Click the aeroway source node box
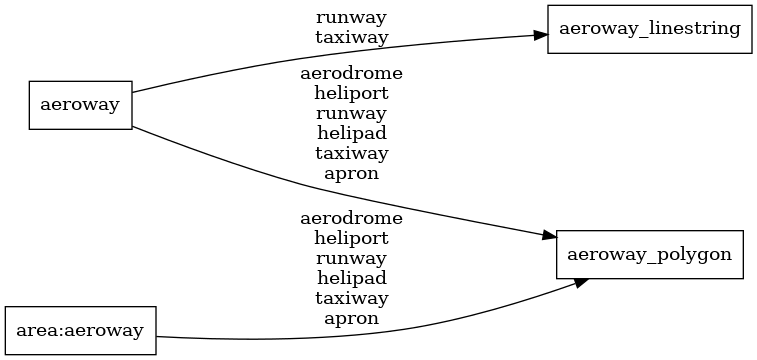point(80,103)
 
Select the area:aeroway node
point(81,330)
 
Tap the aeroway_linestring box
point(649,29)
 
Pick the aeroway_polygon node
point(649,254)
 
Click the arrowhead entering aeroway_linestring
point(540,35)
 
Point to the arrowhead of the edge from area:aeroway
point(577,283)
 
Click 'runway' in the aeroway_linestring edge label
point(351,17)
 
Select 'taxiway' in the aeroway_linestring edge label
point(351,37)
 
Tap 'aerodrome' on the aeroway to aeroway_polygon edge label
point(351,74)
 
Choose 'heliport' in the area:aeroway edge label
point(351,238)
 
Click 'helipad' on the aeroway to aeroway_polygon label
point(351,133)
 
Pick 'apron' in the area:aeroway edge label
point(351,318)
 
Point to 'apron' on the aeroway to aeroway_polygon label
point(351,173)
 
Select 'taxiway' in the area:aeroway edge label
point(351,298)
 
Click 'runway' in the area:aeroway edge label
point(351,258)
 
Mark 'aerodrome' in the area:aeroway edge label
point(351,218)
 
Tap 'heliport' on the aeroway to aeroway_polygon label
point(351,93)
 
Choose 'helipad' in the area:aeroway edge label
point(351,278)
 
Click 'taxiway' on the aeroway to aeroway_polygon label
point(351,153)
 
